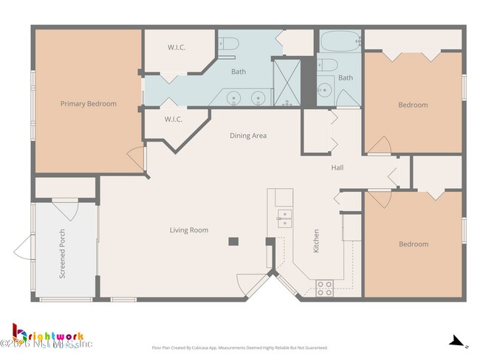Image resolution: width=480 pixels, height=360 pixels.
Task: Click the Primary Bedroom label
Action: [x=88, y=104]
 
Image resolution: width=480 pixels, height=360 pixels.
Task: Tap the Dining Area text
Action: [x=248, y=136]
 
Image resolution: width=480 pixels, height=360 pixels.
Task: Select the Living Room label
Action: [x=189, y=230]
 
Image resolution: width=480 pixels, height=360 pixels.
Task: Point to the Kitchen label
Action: [x=316, y=241]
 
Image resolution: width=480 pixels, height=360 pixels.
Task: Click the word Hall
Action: [x=337, y=167]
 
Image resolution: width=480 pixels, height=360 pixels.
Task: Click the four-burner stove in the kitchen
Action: [x=325, y=288]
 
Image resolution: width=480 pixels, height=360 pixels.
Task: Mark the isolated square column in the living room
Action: [x=233, y=240]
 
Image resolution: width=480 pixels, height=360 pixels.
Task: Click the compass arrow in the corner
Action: [x=457, y=342]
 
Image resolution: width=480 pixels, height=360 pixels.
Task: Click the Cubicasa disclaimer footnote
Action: [x=239, y=347]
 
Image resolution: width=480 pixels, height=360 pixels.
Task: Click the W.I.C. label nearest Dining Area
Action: [x=174, y=120]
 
